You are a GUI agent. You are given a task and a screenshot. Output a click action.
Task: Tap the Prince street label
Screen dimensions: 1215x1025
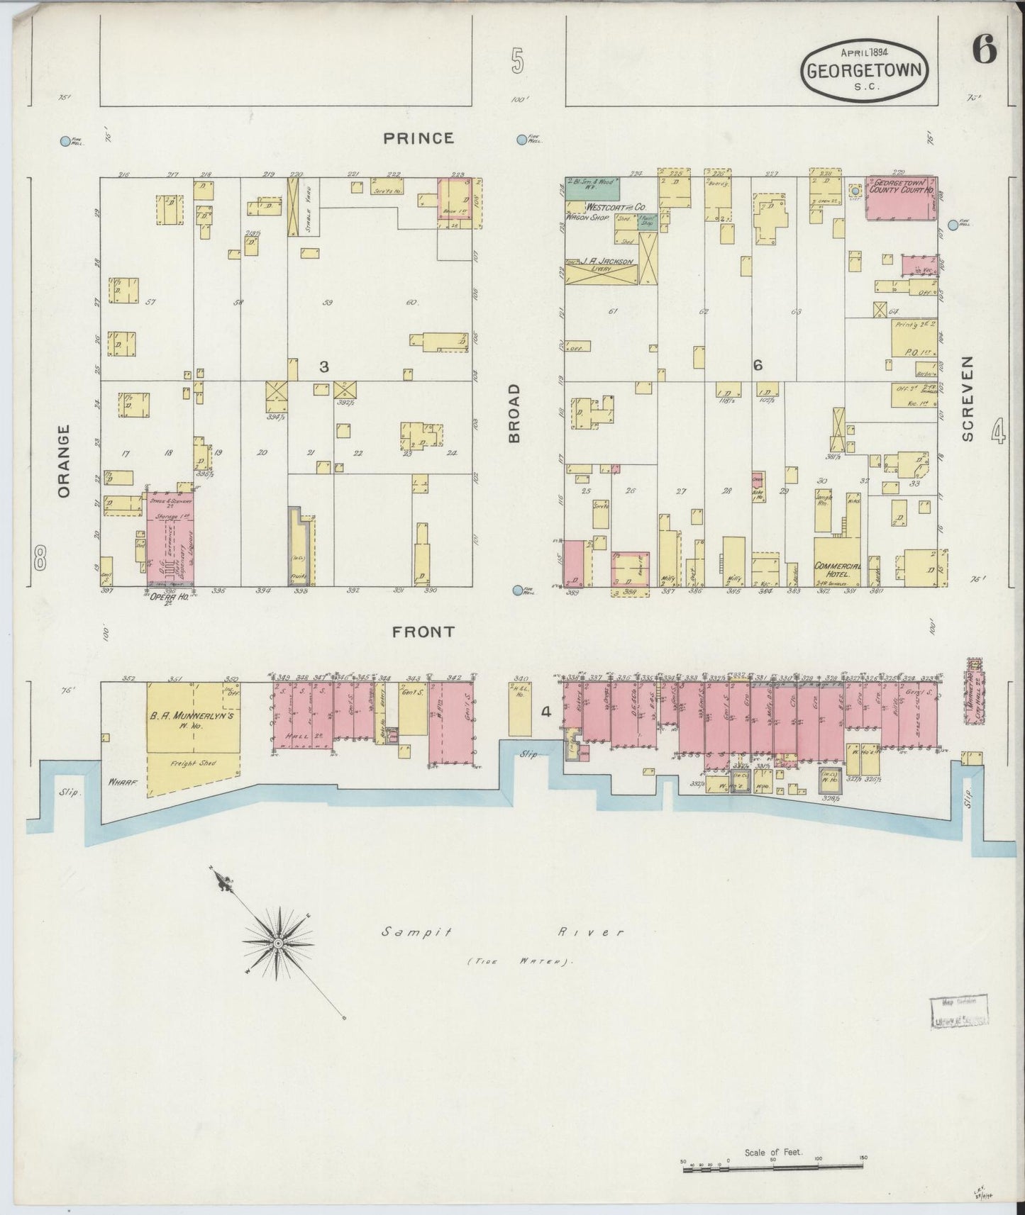(x=419, y=138)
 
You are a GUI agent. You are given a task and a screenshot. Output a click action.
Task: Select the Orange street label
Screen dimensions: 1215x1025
(x=65, y=461)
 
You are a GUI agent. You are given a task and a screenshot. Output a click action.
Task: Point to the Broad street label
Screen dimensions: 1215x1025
(x=515, y=413)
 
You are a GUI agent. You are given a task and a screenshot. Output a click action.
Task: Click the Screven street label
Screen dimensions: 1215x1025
(x=968, y=398)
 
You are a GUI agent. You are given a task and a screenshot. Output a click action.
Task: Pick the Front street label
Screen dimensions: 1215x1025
(x=423, y=632)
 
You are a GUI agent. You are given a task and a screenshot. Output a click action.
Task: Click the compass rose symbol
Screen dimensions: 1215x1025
(x=279, y=944)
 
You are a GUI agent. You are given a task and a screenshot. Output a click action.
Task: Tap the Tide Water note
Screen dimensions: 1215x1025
(x=519, y=962)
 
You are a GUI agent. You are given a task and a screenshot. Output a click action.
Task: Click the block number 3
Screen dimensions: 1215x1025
(x=323, y=366)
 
